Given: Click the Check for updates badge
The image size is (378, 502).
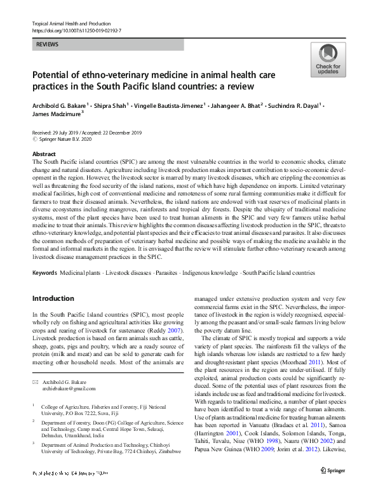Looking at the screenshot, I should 328,61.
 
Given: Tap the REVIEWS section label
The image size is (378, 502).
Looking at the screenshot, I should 49,45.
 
